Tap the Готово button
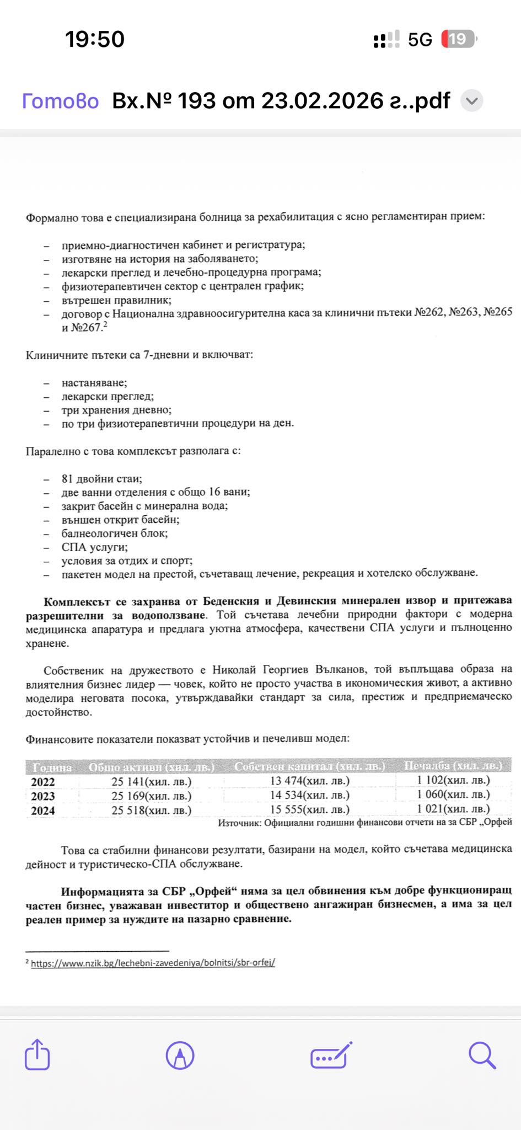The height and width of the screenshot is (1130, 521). pyautogui.click(x=60, y=101)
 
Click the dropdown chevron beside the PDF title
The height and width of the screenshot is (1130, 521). pyautogui.click(x=471, y=101)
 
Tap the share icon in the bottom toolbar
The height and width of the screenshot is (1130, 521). pyautogui.click(x=37, y=1055)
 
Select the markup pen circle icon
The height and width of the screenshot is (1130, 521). pyautogui.click(x=180, y=1056)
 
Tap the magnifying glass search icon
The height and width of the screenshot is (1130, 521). pyautogui.click(x=482, y=1056)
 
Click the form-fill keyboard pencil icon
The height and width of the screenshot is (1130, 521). pyautogui.click(x=331, y=1056)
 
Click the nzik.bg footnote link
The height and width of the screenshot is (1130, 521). pyautogui.click(x=153, y=963)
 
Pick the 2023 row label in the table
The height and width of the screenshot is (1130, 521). pyautogui.click(x=42, y=796)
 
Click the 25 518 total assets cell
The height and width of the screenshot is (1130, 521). pyautogui.click(x=152, y=811)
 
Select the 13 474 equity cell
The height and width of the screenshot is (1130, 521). pyautogui.click(x=309, y=781)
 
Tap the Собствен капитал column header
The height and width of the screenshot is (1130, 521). pyautogui.click(x=309, y=766)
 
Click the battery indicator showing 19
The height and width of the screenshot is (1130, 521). pyautogui.click(x=458, y=39)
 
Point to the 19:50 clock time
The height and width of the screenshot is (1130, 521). pyautogui.click(x=95, y=39)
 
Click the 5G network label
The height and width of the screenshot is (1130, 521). pyautogui.click(x=420, y=40)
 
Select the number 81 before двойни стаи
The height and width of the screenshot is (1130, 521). pyautogui.click(x=67, y=479)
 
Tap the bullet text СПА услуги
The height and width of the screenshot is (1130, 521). pyautogui.click(x=94, y=547)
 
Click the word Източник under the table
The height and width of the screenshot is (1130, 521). pyautogui.click(x=239, y=823)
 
